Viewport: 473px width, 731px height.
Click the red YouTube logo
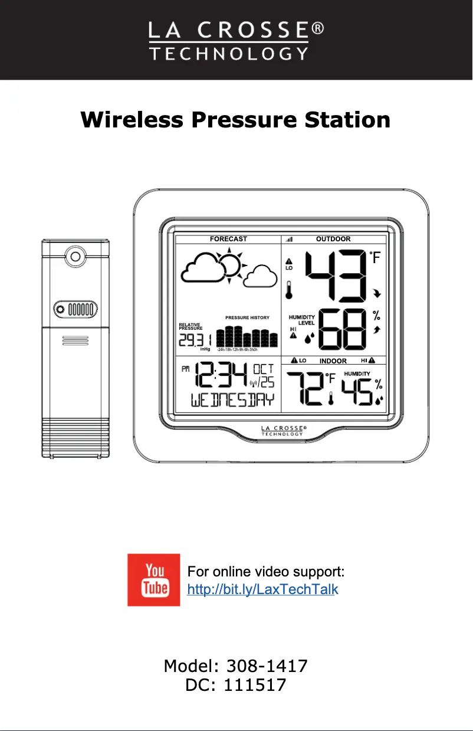tap(153, 580)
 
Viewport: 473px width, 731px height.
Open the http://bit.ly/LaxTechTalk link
tap(262, 589)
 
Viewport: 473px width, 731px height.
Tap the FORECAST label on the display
tap(228, 239)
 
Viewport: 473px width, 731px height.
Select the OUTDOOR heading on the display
tap(333, 239)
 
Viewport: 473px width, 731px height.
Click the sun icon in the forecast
tap(229, 264)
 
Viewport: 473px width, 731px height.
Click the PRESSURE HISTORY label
tap(247, 317)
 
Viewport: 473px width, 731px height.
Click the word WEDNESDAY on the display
tap(233, 400)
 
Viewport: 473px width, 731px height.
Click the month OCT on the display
tap(263, 368)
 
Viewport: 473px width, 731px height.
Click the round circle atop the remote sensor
tap(74, 257)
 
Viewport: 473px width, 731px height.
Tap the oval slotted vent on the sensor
tap(74, 309)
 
